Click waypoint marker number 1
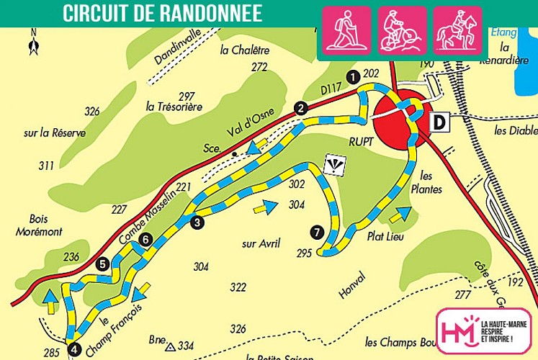tap(352, 76)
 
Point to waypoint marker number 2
tap(301, 109)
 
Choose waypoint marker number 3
tap(197, 223)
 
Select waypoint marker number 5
tap(103, 264)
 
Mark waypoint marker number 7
tap(316, 232)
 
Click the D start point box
tap(439, 122)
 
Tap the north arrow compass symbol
tap(33, 43)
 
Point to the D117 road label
tap(331, 89)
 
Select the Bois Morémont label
tap(40, 225)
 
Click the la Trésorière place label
tap(174, 107)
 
